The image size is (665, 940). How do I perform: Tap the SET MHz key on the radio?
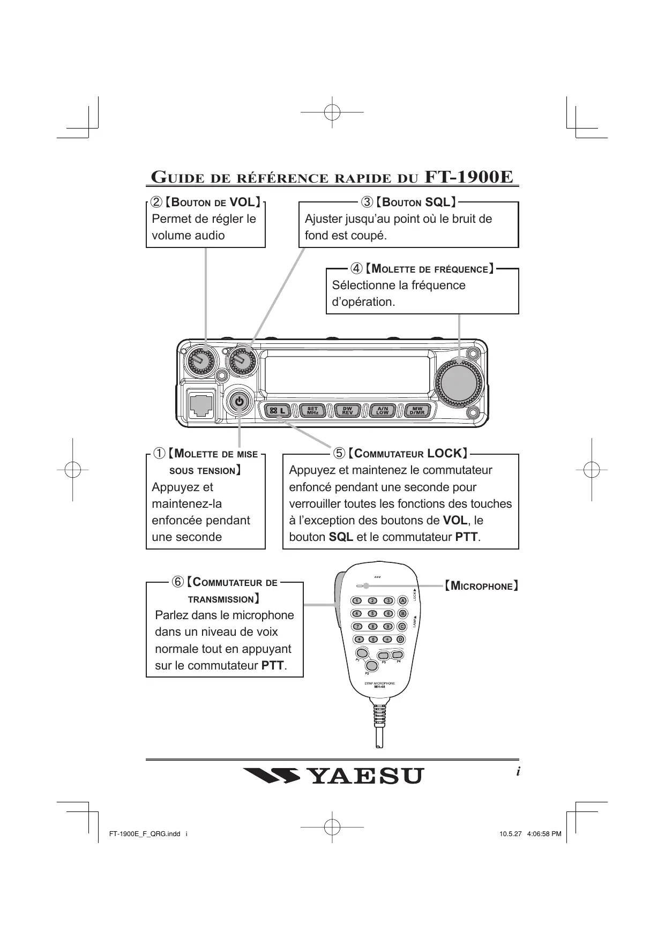point(313,411)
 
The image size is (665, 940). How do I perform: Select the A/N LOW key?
point(383,411)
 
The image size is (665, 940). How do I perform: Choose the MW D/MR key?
point(417,411)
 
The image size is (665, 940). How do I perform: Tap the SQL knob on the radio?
point(242,363)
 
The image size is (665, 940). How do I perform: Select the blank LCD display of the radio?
point(347,374)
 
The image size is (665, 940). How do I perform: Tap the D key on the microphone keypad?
point(401,640)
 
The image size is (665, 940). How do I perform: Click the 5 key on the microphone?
point(373,614)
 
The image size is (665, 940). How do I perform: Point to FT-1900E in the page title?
point(469,177)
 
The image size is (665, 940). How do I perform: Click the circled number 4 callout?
point(356,268)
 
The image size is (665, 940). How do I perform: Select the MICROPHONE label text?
point(481,586)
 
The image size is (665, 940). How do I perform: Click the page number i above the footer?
point(518,772)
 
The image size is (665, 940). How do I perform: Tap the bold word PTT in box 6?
point(273,666)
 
